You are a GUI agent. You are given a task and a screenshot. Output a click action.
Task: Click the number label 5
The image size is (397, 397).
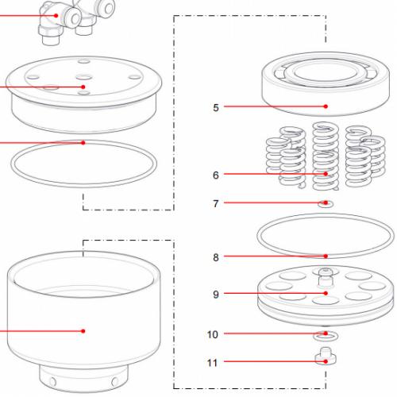tap(216, 106)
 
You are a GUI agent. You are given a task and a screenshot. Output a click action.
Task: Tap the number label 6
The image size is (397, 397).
tap(216, 174)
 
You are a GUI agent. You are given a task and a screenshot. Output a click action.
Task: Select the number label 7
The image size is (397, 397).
tap(215, 203)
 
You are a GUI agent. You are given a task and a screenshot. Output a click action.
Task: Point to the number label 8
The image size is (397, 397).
tap(216, 256)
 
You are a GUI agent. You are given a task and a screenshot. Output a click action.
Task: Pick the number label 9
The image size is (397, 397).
tap(216, 294)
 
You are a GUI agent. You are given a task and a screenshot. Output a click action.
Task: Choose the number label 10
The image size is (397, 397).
tap(213, 334)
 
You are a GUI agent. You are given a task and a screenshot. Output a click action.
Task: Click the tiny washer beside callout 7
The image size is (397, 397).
tap(326, 205)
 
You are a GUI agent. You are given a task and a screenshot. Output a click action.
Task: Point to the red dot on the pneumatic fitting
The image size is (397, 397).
tap(55, 14)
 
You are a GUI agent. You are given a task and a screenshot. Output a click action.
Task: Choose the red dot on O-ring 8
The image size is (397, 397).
tap(326, 256)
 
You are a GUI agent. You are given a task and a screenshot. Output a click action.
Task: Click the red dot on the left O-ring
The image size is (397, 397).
tap(83, 143)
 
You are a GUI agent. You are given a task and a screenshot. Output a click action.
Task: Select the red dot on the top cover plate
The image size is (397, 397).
tap(83, 87)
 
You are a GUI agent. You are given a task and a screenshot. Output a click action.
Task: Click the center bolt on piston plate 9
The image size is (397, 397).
tap(326, 276)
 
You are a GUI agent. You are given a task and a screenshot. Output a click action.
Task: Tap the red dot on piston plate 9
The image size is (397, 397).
tap(326, 294)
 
